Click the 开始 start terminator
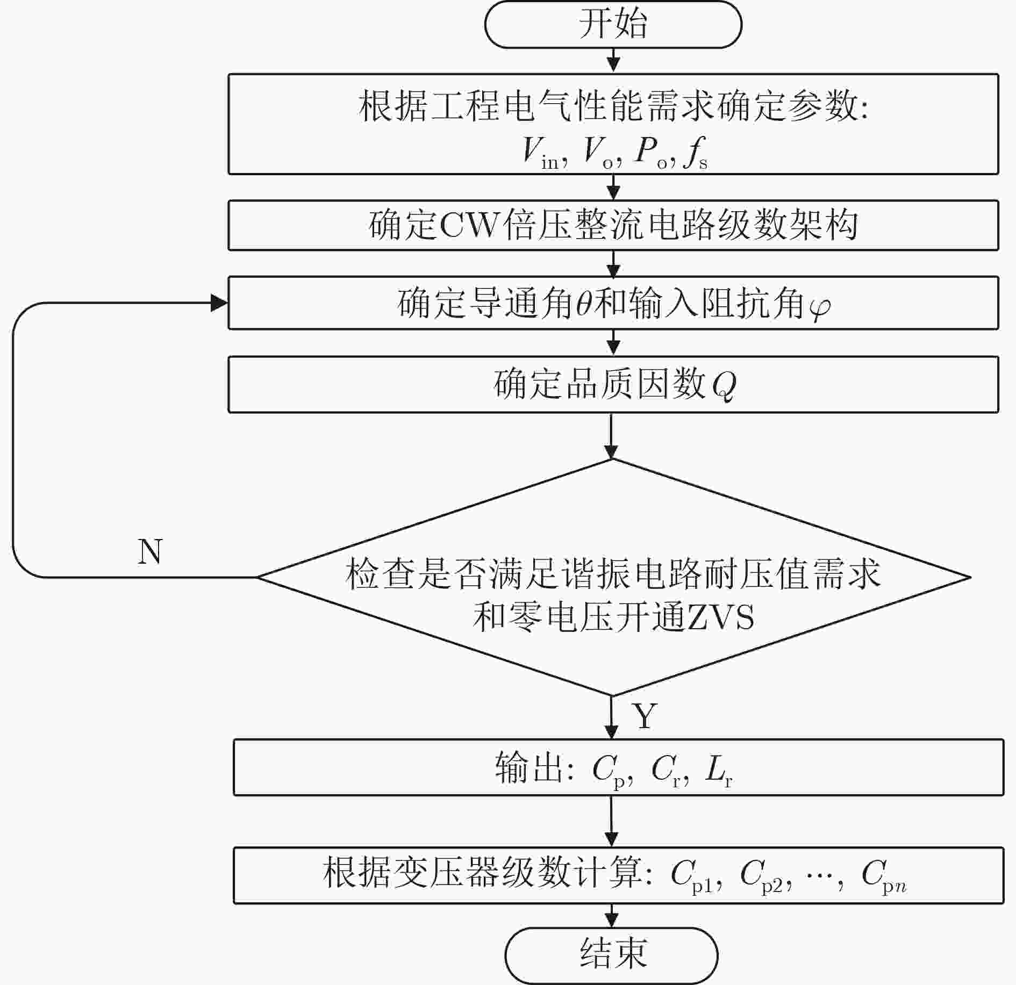[x=613, y=25]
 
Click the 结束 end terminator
[x=612, y=955]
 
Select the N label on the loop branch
[x=150, y=551]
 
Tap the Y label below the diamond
[x=646, y=715]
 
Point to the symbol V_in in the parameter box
[x=543, y=152]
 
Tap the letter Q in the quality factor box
[x=724, y=385]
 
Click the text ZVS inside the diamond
[x=720, y=617]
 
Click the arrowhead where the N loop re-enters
[x=219, y=303]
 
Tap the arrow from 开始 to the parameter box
[x=613, y=60]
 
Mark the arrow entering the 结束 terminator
[x=612, y=916]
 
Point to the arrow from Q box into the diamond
[x=612, y=436]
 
